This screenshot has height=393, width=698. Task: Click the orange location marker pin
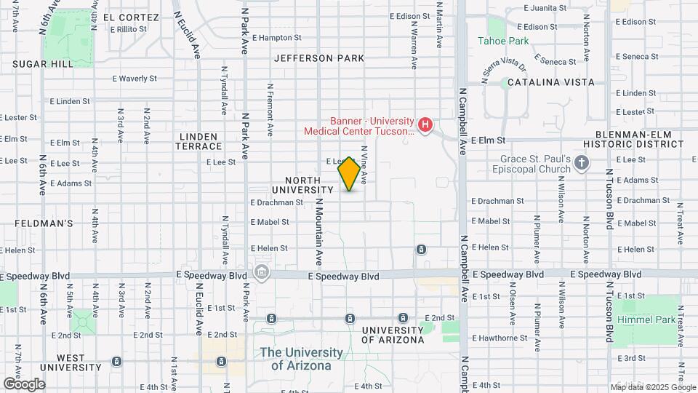coord(349,174)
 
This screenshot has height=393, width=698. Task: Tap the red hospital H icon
coord(425,126)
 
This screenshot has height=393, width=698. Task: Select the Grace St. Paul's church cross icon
coord(581,163)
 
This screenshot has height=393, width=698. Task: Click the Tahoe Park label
coord(503,41)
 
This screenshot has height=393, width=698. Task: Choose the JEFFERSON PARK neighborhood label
coord(319,58)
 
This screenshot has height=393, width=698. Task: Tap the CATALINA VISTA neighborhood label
coord(550,83)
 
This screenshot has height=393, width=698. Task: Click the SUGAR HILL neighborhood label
coord(43,64)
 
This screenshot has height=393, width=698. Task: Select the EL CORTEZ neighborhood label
coord(131,17)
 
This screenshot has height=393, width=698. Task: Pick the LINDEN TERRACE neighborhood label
coord(197,141)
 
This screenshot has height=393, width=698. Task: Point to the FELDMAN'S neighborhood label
coord(37,223)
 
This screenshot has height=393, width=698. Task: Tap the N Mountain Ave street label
coord(318,233)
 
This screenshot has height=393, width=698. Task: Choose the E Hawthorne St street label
coord(500,338)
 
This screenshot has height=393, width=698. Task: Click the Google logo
coord(24,384)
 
